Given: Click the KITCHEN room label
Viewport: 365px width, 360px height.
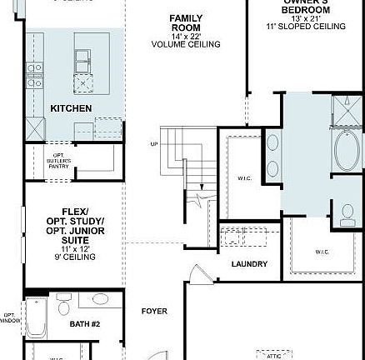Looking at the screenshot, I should point(71,108).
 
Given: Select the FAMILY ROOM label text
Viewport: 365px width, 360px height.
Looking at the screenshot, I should point(186,22).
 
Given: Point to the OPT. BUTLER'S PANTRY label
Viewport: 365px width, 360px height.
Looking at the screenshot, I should point(59,160).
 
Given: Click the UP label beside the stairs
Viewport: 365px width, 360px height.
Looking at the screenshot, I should point(153,143).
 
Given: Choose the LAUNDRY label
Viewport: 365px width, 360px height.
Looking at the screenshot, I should point(249,264).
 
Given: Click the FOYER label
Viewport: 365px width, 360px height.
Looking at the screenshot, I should point(154,311).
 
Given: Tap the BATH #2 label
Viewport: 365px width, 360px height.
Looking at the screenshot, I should point(84,323).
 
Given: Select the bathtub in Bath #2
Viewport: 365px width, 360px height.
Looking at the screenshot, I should point(36,317).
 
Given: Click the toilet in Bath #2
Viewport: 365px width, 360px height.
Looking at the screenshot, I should point(63,308).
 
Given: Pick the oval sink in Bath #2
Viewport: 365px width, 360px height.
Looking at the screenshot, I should point(100,299).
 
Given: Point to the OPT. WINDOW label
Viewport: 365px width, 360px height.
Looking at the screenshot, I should point(10,317).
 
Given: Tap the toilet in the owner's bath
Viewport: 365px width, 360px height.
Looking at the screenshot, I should point(347,214).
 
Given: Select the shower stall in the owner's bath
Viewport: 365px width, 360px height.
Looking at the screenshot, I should point(346,110).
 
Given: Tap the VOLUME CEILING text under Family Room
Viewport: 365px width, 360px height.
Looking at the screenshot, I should point(186,44).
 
